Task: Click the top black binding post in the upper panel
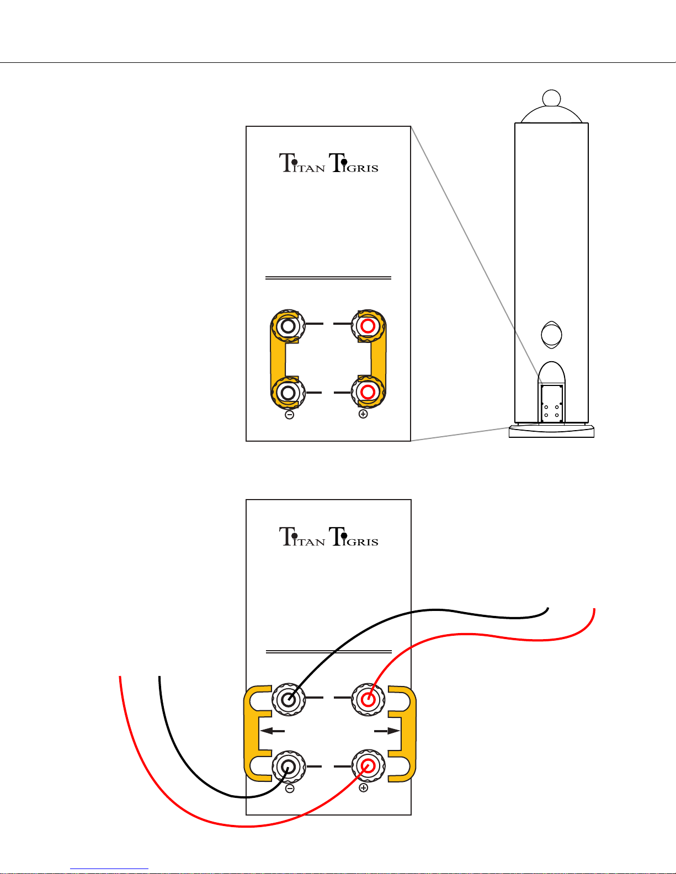[x=288, y=326]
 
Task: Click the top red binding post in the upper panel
[x=368, y=326]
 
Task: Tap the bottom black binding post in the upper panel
[x=288, y=393]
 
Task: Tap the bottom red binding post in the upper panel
[x=368, y=392]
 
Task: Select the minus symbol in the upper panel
[x=289, y=415]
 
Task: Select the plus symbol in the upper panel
[x=363, y=414]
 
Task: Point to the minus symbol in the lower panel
[x=290, y=789]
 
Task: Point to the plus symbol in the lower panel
[x=363, y=787]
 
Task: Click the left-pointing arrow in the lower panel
[x=273, y=731]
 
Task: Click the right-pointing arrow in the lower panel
[x=387, y=731]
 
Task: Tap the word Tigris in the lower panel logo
[x=354, y=537]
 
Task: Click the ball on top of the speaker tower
[x=551, y=98]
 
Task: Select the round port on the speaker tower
[x=551, y=335]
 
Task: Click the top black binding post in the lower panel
[x=288, y=699]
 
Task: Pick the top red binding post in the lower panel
[x=368, y=699]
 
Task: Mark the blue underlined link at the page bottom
[x=109, y=868]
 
